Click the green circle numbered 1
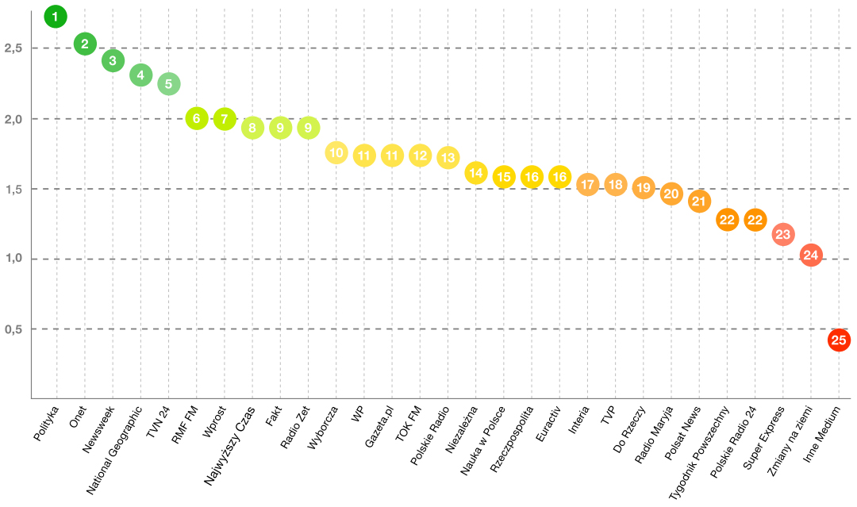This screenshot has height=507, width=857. tap(56, 16)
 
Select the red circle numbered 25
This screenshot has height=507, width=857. tap(839, 340)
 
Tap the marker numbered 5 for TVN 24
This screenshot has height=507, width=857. tap(168, 83)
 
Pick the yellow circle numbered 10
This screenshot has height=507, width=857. tap(336, 153)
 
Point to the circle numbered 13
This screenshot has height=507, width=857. tap(448, 157)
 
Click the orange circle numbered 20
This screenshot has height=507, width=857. tap(671, 194)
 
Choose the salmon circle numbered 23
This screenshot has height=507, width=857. tap(783, 234)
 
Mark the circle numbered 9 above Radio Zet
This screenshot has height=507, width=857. tap(308, 127)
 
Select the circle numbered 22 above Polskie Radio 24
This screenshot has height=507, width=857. tap(755, 220)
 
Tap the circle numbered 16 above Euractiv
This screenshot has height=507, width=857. tap(559, 177)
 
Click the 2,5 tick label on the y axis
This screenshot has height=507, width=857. tap(13, 48)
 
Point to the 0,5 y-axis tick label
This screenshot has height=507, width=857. tap(13, 329)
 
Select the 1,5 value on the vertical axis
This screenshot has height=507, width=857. tap(13, 189)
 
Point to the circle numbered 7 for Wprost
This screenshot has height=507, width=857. tap(224, 119)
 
